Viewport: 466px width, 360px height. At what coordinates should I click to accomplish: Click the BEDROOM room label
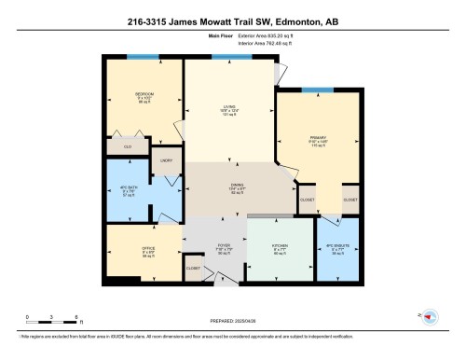click(x=144, y=94)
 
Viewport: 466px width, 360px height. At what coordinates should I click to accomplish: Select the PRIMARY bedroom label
click(x=319, y=135)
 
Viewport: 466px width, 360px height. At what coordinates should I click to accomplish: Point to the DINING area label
click(x=238, y=185)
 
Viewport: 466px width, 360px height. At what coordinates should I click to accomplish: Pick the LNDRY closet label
click(x=168, y=160)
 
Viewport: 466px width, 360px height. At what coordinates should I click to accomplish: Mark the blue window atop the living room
click(x=226, y=58)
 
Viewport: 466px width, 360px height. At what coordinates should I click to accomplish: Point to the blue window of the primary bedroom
click(x=318, y=90)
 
